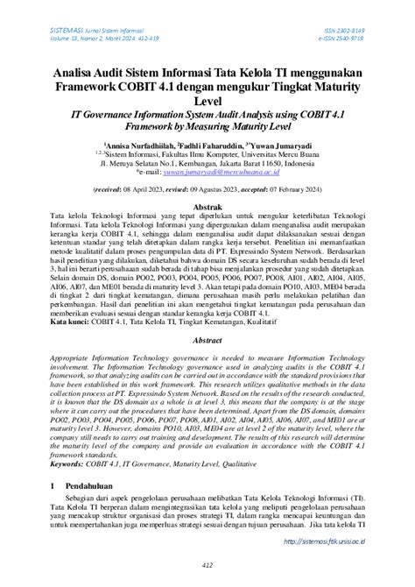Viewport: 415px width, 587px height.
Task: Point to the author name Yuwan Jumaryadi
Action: point(280,144)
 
